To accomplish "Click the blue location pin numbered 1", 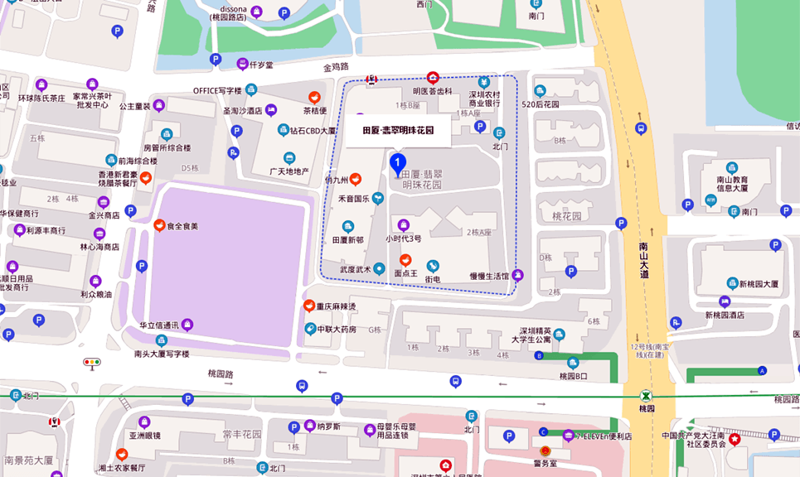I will pos(397,162).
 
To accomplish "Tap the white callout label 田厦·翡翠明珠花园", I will pos(398,130).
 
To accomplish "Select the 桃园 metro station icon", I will pos(647,396).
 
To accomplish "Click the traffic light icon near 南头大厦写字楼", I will pos(91,363).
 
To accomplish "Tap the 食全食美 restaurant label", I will pos(182,226).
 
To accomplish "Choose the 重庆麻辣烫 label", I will pos(335,306).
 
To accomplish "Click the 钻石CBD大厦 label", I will pos(313,130).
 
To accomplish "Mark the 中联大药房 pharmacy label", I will pos(336,329).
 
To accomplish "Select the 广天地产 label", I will pos(289,171).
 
